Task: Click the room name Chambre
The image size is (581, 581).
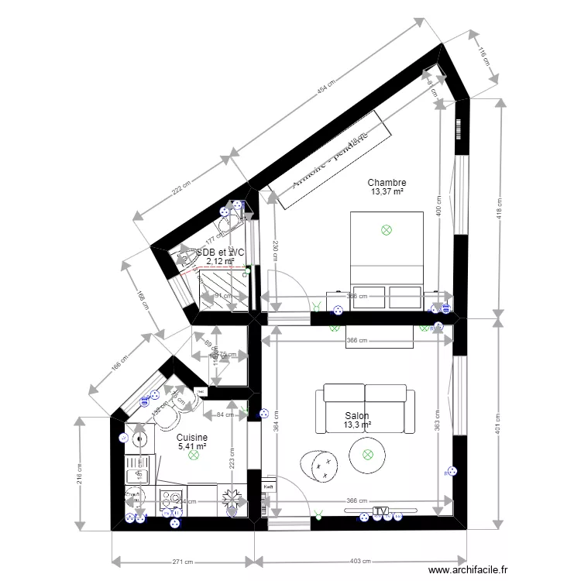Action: tap(387, 183)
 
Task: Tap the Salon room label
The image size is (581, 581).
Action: tap(357, 415)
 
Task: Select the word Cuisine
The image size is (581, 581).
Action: tap(193, 437)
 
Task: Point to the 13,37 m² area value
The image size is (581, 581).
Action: tap(387, 192)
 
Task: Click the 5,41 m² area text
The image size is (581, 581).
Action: tap(193, 446)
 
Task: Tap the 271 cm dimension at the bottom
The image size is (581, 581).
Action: tap(182, 562)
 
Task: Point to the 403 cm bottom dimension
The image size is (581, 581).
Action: tap(360, 562)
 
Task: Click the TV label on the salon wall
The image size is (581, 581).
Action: tap(380, 511)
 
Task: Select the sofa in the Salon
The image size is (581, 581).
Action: tap(365, 409)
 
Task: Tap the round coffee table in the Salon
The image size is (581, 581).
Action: tap(368, 456)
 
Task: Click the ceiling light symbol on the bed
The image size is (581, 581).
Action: tap(387, 229)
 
